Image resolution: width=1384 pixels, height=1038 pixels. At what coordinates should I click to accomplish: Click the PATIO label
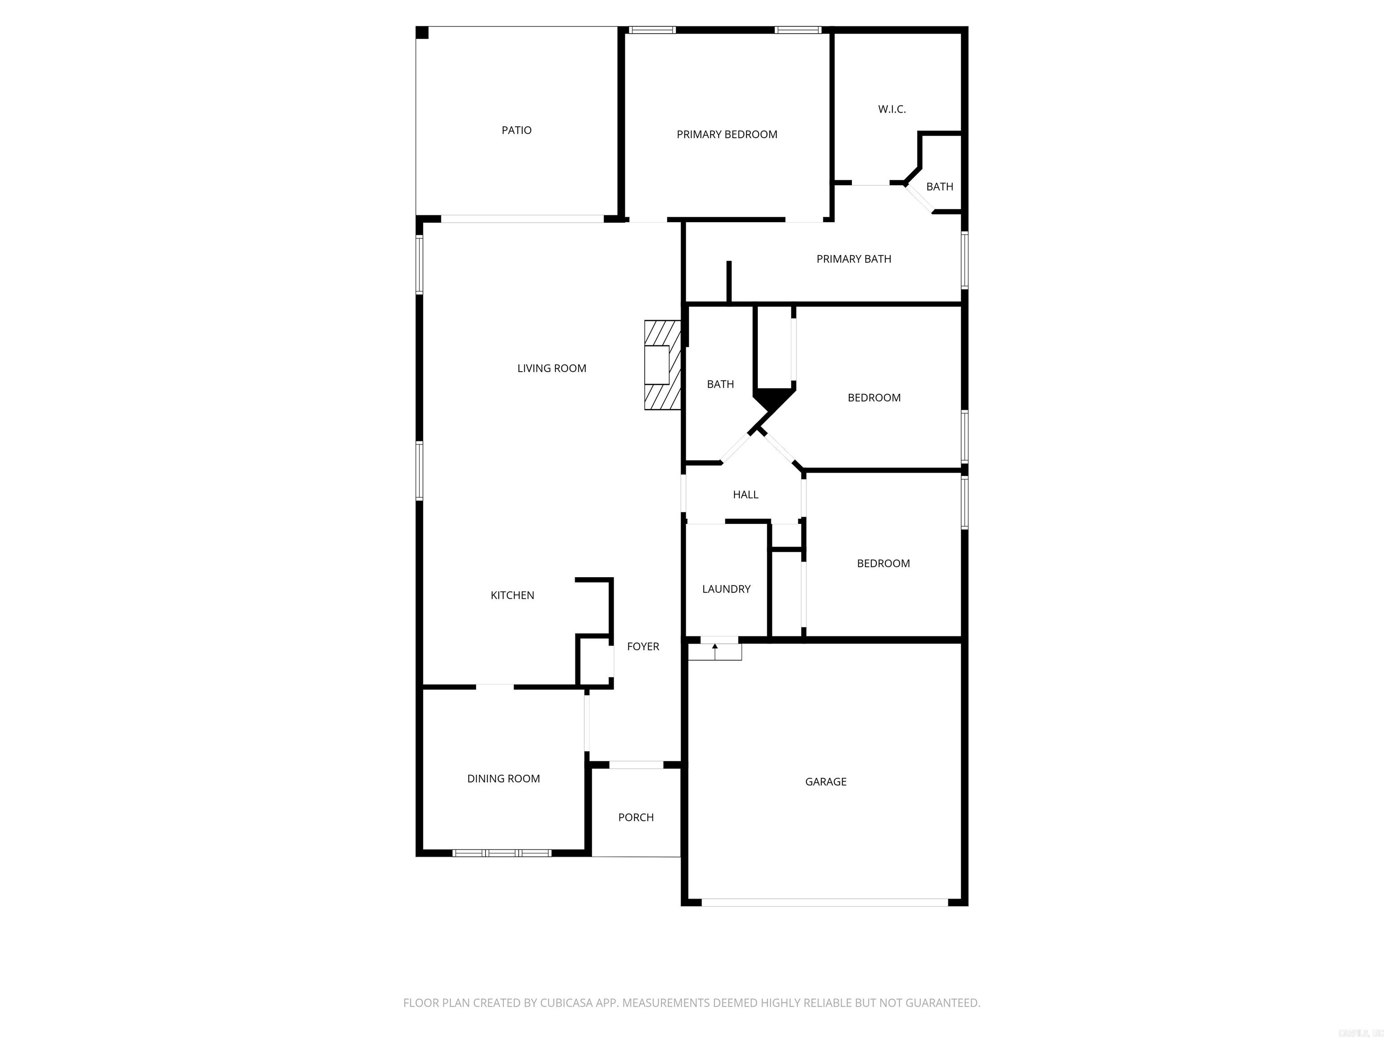point(516,130)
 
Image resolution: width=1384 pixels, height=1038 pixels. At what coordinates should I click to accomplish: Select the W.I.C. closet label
point(892,109)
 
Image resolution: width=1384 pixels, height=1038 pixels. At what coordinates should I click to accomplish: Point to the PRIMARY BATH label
point(853,259)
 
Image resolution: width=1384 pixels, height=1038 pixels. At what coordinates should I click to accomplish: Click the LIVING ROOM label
point(551,369)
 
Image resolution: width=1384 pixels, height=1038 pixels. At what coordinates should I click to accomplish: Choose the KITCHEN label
point(512,596)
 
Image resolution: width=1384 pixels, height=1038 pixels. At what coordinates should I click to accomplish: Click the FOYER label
point(642,647)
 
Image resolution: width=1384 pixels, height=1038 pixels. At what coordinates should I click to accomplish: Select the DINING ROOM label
point(503,779)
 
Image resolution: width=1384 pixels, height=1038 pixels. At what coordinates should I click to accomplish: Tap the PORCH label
point(636,818)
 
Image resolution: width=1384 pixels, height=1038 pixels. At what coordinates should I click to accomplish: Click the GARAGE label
point(825,782)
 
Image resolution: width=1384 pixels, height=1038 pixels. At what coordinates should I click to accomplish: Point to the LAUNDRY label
point(726,589)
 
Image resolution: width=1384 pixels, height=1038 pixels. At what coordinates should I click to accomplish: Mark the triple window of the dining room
point(502,853)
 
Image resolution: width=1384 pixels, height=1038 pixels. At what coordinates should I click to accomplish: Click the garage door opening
point(824,902)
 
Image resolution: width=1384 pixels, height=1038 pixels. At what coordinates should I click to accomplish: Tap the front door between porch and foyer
point(636,765)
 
